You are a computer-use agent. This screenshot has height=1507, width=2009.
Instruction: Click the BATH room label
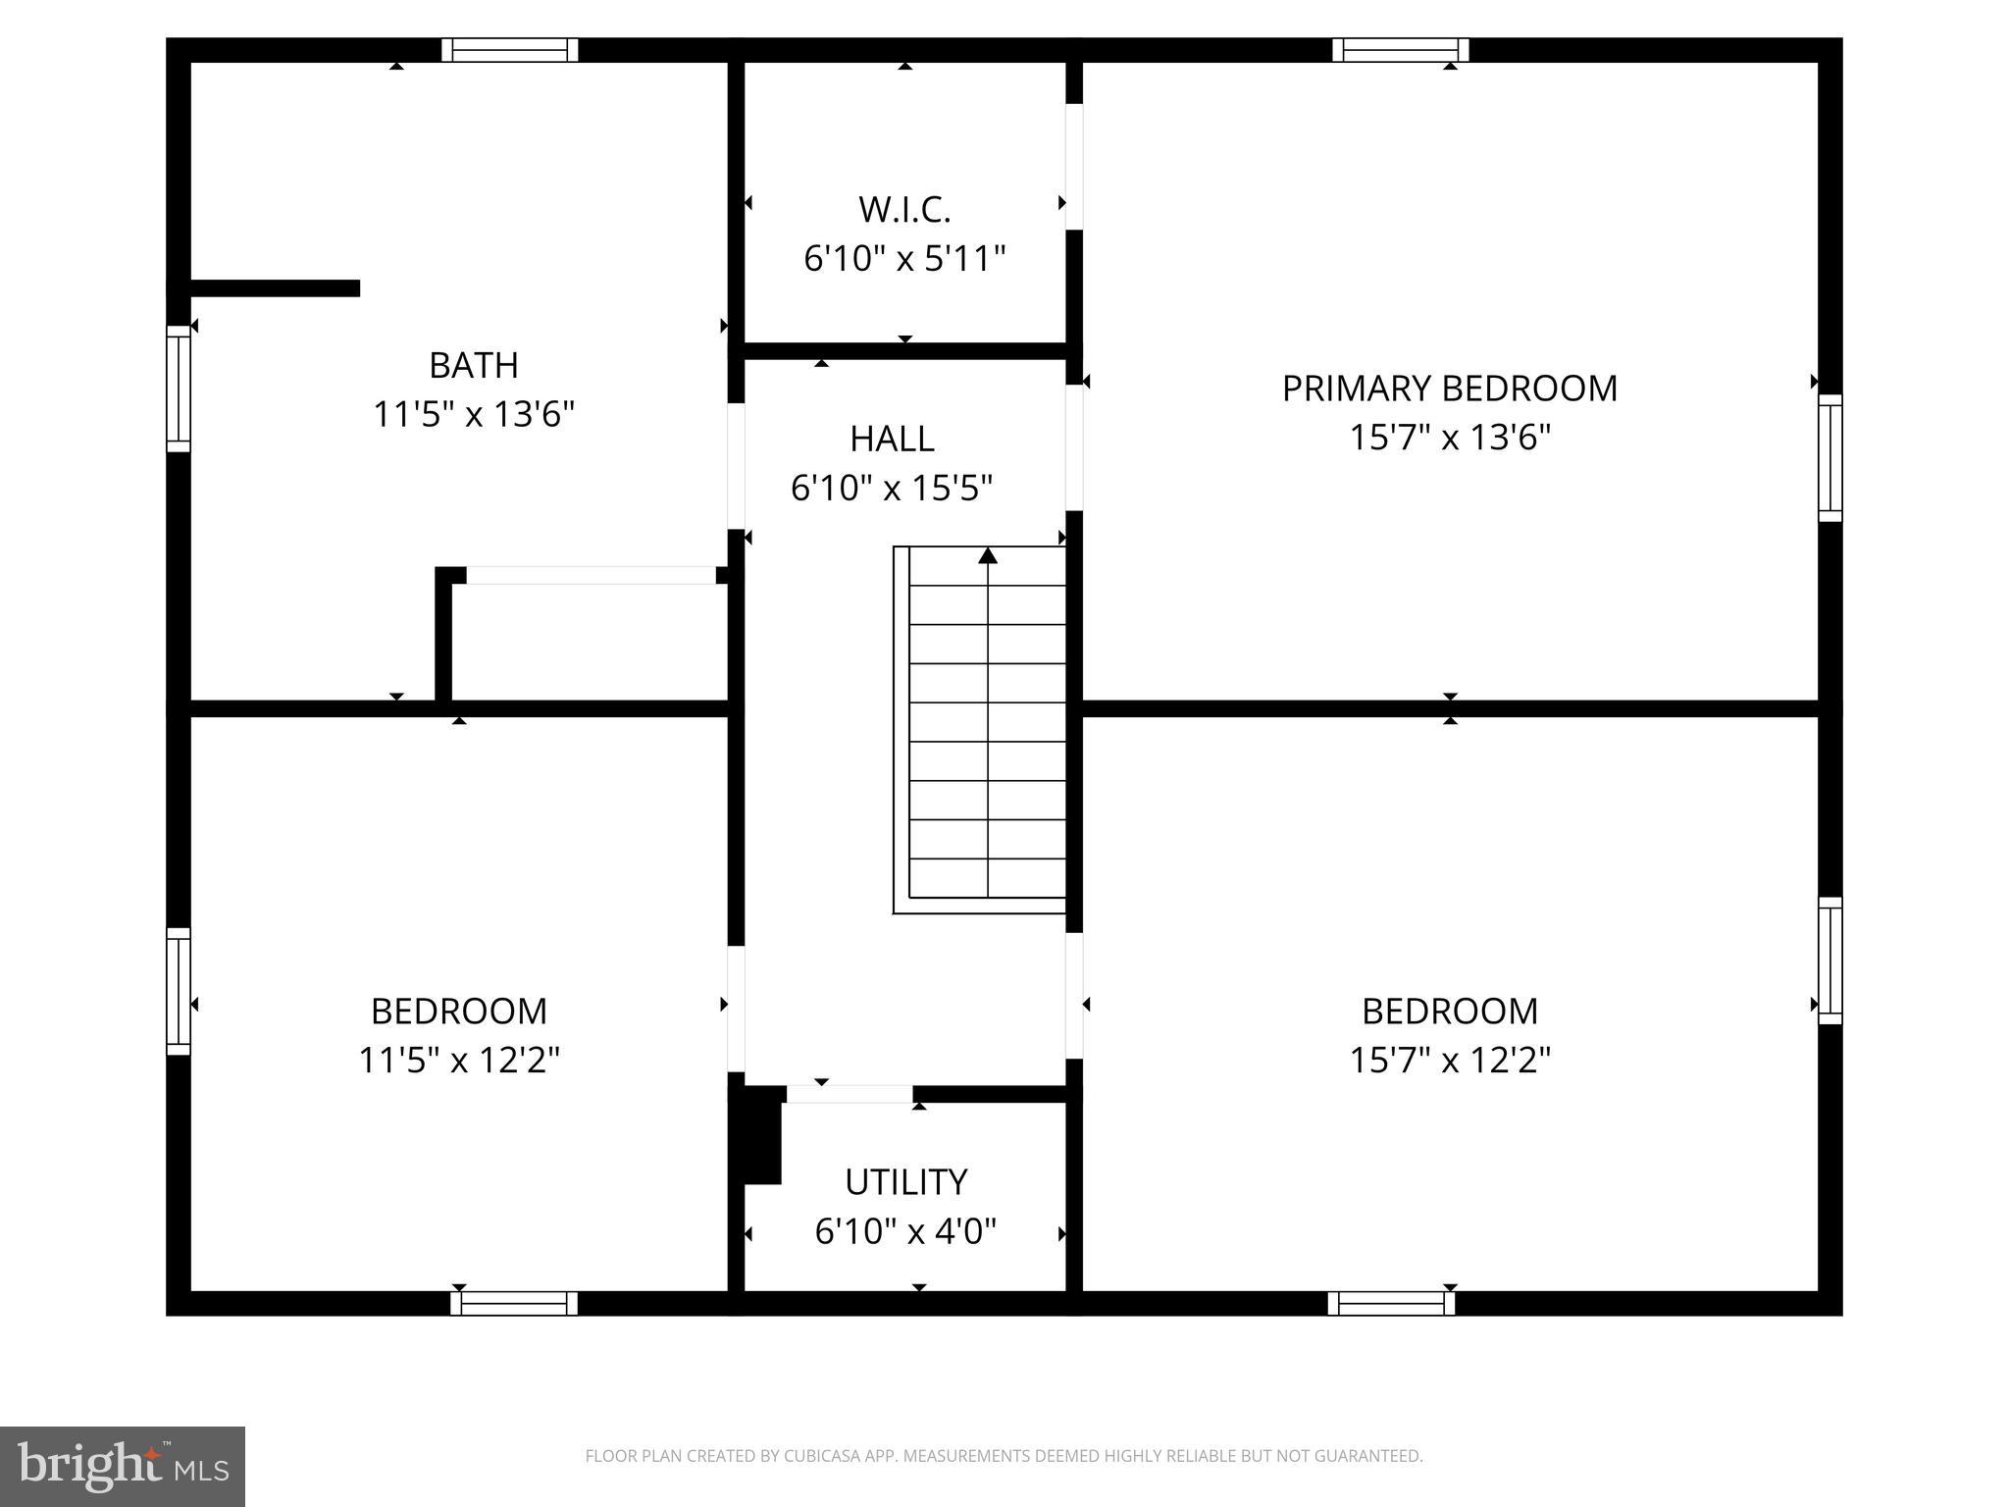click(473, 365)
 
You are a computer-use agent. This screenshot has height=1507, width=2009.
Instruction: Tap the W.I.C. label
click(904, 209)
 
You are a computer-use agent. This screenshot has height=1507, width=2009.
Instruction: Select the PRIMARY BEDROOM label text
click(1449, 389)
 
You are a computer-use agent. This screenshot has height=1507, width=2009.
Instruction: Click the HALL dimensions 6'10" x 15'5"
click(891, 488)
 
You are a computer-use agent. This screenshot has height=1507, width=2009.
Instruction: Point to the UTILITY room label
click(905, 1182)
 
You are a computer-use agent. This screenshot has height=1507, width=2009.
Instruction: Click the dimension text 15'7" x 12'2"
click(1449, 1061)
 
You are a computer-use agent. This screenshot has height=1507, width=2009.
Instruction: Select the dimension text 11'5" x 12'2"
click(458, 1061)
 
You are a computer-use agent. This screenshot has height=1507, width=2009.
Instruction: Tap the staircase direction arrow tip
click(988, 555)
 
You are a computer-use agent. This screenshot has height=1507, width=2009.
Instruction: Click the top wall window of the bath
click(509, 50)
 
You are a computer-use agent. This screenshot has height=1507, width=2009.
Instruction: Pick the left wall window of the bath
click(178, 389)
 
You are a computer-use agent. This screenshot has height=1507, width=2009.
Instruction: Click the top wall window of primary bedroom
click(1400, 50)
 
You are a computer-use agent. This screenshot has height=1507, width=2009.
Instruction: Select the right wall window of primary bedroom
click(1829, 458)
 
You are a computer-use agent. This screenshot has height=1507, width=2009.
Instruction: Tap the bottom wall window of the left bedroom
click(514, 1303)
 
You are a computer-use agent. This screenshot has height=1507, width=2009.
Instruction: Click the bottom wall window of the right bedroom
click(1391, 1303)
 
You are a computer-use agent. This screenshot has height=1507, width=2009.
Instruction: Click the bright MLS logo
click(122, 1466)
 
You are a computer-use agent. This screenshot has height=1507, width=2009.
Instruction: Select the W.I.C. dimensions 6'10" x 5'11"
click(904, 259)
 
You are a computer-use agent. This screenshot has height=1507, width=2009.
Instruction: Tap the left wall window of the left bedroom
click(178, 991)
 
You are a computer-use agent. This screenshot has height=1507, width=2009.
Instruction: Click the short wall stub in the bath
click(275, 287)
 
